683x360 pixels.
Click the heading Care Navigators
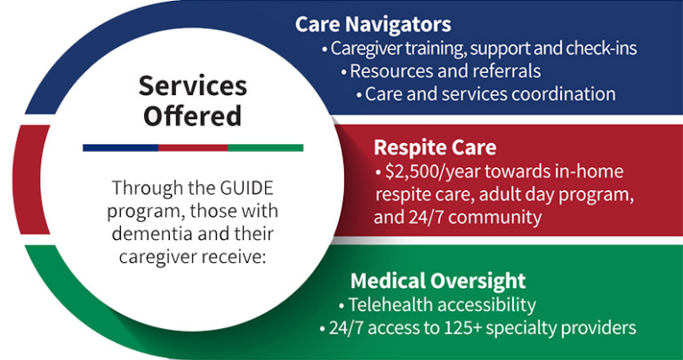[x=373, y=25]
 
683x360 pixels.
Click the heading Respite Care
[x=435, y=148]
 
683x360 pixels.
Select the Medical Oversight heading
[x=438, y=281]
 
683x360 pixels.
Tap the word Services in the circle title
[x=193, y=85]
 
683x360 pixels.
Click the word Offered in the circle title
[x=192, y=116]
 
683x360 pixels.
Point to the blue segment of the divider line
[x=121, y=148]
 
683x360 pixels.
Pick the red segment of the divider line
[x=193, y=148]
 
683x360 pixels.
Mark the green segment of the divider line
[x=266, y=148]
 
